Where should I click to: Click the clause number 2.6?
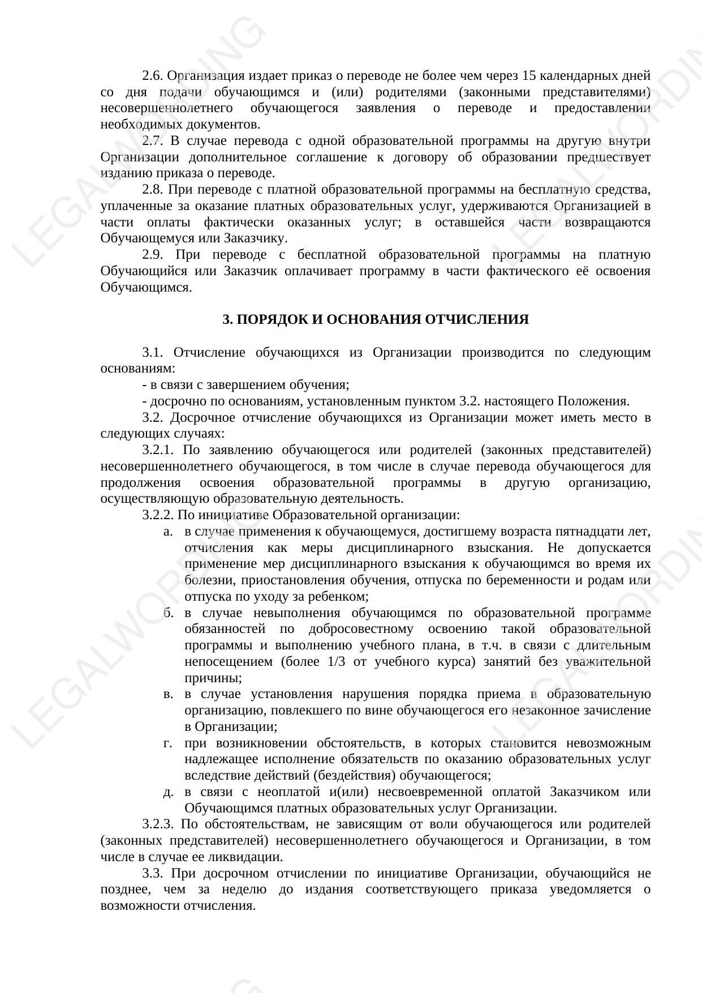point(152,75)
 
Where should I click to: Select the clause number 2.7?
point(152,140)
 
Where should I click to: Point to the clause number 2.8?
point(152,189)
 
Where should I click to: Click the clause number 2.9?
point(152,255)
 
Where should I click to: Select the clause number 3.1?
point(152,353)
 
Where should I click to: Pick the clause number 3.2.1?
point(158,450)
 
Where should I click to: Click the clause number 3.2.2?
point(158,515)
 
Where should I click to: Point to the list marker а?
point(167,532)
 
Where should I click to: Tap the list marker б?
point(168,613)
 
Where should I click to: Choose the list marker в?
point(167,694)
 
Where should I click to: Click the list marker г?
point(167,743)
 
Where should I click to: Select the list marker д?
point(168,792)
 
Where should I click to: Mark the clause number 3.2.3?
point(158,824)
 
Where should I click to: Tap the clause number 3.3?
point(152,873)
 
